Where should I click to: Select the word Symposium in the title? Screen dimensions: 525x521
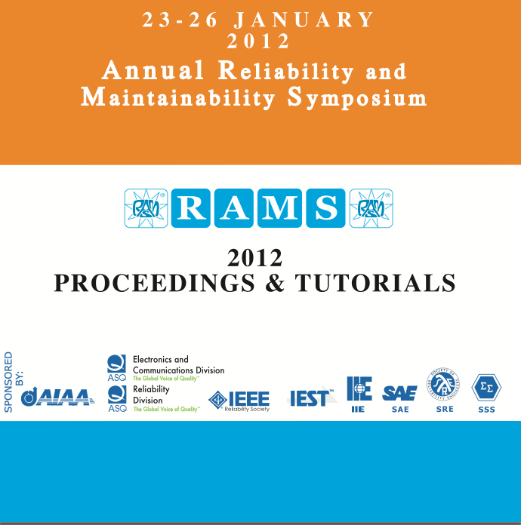tap(357, 97)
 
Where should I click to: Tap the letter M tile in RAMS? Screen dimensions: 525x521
tap(279, 208)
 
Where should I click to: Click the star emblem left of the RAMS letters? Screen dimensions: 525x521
tap(146, 208)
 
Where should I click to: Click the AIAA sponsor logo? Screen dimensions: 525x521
tap(58, 397)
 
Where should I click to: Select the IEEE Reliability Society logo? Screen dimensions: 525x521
tap(239, 401)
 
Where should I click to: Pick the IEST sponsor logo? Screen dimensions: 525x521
tap(312, 398)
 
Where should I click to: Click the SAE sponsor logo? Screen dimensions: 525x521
tap(399, 395)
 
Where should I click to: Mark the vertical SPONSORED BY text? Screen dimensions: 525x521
tap(14, 382)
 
